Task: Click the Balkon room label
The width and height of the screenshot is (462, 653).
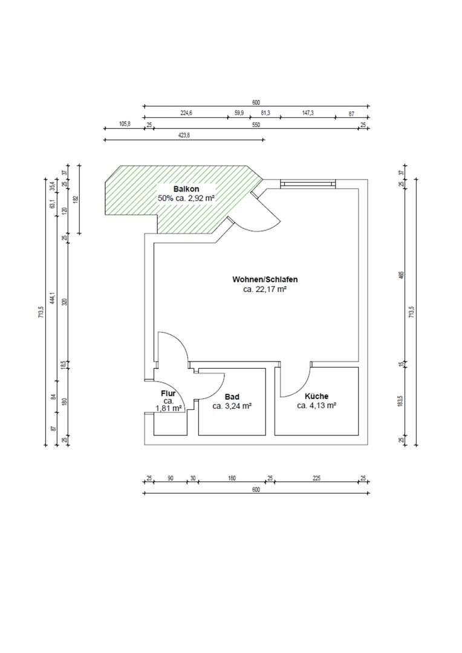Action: click(x=186, y=189)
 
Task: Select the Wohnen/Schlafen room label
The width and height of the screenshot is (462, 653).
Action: click(x=265, y=280)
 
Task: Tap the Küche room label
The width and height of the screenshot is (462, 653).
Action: click(x=316, y=396)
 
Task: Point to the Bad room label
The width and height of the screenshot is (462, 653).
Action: click(x=232, y=397)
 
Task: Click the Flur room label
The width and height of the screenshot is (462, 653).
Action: click(x=168, y=394)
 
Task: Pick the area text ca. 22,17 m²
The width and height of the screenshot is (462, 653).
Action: click(x=265, y=290)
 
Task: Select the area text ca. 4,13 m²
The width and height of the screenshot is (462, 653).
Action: click(x=316, y=406)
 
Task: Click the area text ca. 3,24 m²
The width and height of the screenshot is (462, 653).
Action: click(x=232, y=406)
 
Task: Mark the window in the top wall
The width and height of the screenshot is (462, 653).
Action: click(x=307, y=183)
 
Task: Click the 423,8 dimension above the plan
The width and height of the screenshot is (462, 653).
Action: click(x=184, y=136)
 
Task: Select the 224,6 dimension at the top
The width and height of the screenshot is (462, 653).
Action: click(x=186, y=113)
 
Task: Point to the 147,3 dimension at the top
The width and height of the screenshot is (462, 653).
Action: click(x=308, y=113)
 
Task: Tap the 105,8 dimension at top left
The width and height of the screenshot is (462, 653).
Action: click(x=125, y=125)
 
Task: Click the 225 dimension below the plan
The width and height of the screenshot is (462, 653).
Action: click(x=316, y=478)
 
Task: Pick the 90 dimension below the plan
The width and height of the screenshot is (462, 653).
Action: click(x=171, y=478)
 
